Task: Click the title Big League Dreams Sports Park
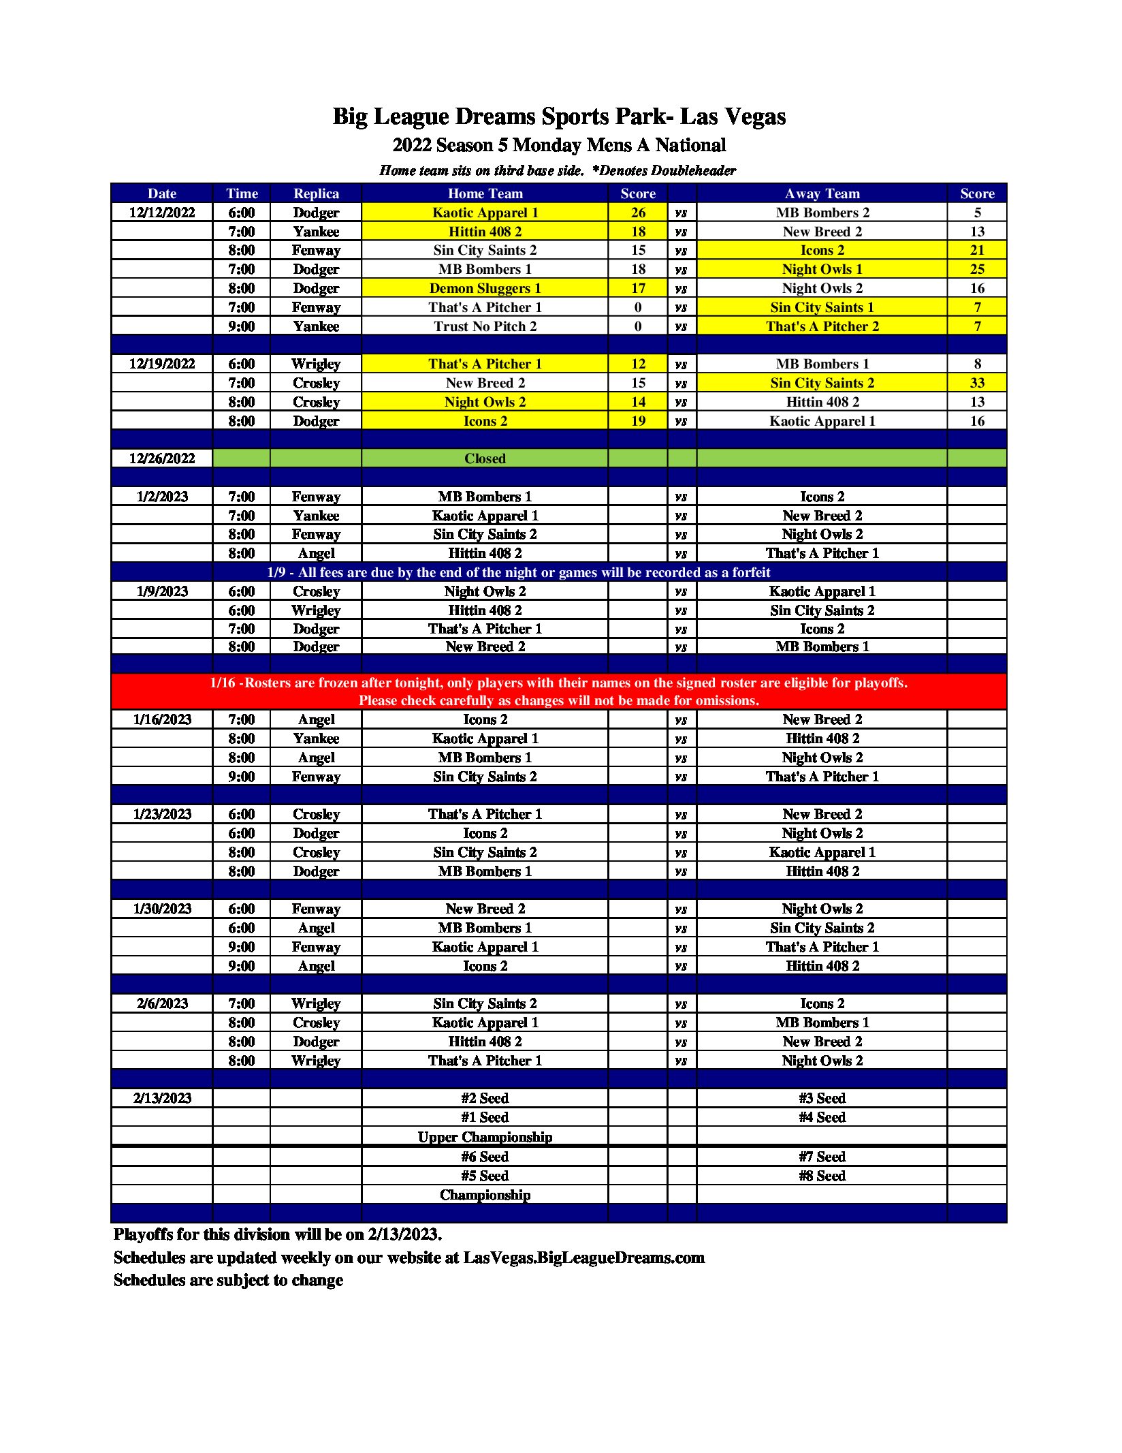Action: point(558,116)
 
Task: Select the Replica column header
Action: point(316,193)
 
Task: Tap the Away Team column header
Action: point(822,193)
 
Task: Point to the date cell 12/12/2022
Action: point(162,213)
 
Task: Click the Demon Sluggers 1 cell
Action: point(485,288)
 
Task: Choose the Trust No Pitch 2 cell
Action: point(485,326)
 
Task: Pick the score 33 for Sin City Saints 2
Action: point(976,383)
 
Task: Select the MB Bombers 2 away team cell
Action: point(822,213)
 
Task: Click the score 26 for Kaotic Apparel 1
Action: point(637,213)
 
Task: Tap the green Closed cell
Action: point(485,458)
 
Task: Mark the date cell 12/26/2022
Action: point(162,458)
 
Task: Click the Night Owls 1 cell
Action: point(822,269)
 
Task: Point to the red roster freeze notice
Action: point(558,691)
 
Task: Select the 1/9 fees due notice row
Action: point(518,572)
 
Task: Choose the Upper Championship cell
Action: point(485,1137)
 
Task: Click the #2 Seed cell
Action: point(485,1098)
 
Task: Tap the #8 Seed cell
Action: point(822,1176)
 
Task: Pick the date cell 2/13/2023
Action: point(162,1098)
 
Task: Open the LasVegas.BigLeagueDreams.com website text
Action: point(583,1257)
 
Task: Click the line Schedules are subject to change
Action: point(228,1280)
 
